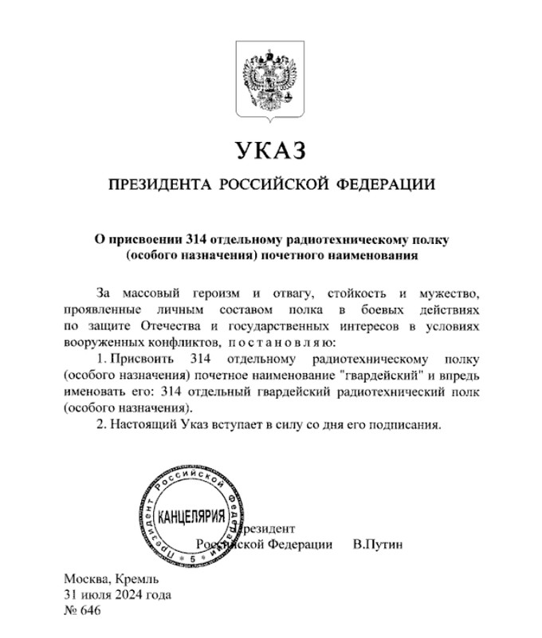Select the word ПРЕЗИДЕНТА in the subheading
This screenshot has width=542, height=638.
152,185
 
